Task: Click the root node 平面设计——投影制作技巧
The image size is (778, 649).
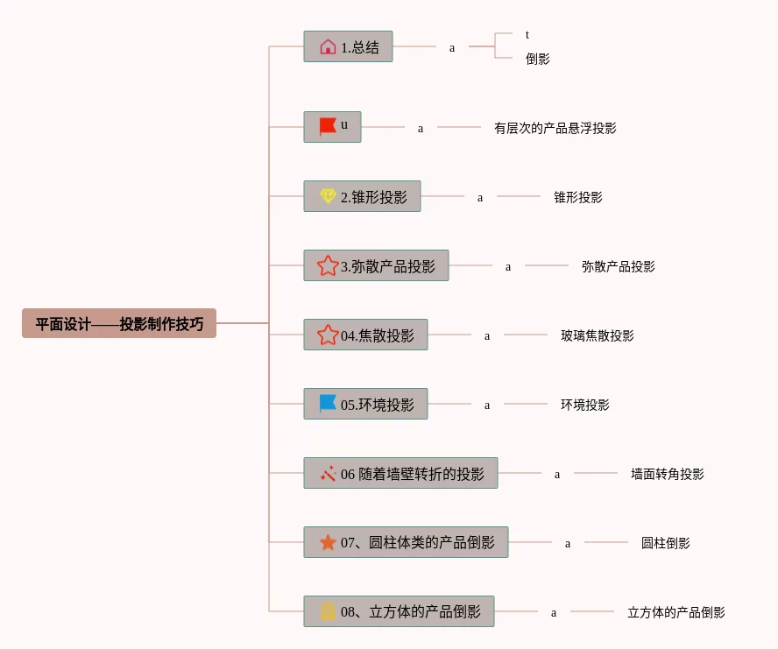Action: click(x=119, y=323)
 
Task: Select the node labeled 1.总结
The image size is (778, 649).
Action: click(x=348, y=47)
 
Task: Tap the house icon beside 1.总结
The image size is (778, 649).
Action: click(x=328, y=47)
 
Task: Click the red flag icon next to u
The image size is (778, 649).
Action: click(x=328, y=127)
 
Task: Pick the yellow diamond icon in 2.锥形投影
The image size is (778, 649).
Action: click(x=328, y=196)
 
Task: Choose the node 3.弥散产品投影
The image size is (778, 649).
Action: click(x=376, y=265)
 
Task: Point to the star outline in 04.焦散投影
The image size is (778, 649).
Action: click(x=328, y=335)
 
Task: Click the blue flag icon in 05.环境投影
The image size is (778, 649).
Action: click(x=328, y=404)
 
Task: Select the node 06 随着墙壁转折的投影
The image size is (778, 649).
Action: click(x=400, y=473)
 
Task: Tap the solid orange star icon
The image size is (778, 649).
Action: click(x=328, y=542)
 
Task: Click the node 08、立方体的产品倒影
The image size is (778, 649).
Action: click(x=399, y=611)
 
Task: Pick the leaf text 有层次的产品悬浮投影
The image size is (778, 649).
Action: click(x=555, y=128)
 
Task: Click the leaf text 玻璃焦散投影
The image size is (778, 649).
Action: click(x=597, y=335)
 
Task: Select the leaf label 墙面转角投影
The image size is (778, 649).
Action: click(x=667, y=474)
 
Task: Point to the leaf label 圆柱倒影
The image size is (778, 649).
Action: click(x=665, y=543)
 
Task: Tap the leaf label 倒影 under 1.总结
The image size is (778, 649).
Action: click(x=537, y=60)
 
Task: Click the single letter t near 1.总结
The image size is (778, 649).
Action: click(x=527, y=35)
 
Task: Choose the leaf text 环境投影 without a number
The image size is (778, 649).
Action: click(x=584, y=405)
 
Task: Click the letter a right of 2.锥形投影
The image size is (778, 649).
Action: click(x=480, y=198)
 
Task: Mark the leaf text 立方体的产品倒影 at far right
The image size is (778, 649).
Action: click(x=675, y=612)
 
